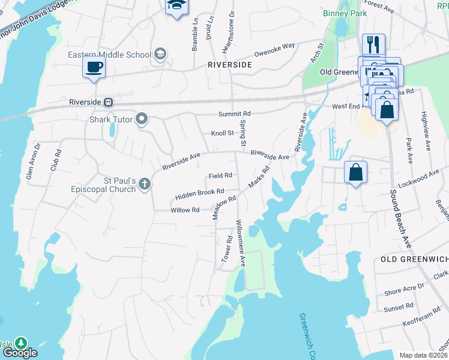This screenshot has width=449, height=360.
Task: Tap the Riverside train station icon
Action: [x=109, y=102]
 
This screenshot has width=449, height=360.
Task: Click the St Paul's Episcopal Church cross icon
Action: [x=144, y=185]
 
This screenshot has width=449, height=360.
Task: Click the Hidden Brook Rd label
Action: [x=199, y=194]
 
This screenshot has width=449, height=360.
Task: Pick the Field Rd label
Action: [x=220, y=176]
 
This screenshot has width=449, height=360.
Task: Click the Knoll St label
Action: [x=221, y=133]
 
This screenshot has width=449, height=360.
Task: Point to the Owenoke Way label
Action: [x=274, y=48]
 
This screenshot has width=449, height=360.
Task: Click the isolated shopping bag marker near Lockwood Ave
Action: [x=356, y=172]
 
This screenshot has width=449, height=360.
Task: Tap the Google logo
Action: [x=20, y=353]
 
